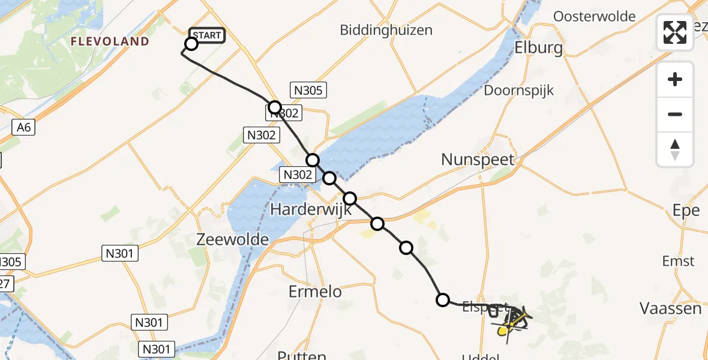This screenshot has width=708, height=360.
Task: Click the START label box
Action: pos(208,35)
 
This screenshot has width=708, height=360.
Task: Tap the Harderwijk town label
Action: pos(309,209)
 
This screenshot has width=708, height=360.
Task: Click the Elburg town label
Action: pos(539,48)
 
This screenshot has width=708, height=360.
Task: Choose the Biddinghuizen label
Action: pos(386,30)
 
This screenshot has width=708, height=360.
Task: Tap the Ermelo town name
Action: pos(315,292)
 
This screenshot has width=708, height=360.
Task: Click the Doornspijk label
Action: pos(519,91)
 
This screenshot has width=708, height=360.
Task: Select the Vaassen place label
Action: pos(670,308)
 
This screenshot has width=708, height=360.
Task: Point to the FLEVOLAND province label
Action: pos(110,41)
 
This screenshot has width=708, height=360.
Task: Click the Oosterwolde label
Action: pos(594,16)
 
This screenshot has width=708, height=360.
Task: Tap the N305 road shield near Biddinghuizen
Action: pos(308,91)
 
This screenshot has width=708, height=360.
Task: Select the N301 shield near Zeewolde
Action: pos(119,254)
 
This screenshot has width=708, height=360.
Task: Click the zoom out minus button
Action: pos(675,114)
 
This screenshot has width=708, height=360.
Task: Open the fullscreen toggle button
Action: pos(675,32)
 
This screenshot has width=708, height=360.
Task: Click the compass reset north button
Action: pos(675,149)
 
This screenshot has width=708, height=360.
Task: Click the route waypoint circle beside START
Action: pos(191,44)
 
